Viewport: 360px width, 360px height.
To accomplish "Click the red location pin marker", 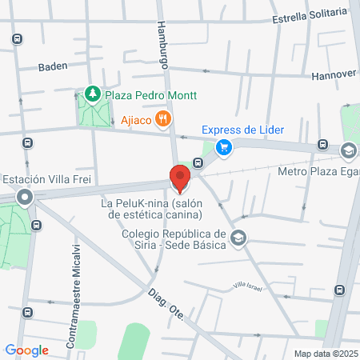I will (180, 178).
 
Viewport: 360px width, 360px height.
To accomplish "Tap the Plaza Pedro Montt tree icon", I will (94, 95).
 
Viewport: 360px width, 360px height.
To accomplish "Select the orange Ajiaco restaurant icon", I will (163, 119).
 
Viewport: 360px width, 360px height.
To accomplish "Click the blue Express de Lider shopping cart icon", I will (225, 146).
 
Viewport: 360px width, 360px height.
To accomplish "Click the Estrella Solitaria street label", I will (310, 15).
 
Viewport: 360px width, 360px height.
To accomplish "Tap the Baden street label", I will (52, 67).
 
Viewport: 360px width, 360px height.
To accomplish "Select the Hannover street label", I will (334, 73).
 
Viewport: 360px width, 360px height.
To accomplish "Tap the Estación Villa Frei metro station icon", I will (26, 197).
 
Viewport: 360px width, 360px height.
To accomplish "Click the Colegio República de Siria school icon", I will (238, 238).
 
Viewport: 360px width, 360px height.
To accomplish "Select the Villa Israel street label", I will (248, 286).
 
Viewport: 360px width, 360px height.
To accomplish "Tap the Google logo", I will (26, 350).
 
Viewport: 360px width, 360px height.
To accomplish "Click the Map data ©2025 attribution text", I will (324, 354).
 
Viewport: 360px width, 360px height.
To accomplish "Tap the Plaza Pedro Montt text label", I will (146, 95).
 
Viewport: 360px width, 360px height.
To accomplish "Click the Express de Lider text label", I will (242, 130).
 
